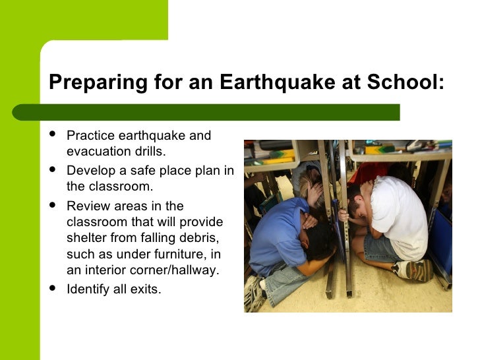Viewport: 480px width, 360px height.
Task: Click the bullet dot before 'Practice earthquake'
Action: pos(53,135)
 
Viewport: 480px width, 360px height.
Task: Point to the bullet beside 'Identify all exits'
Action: pos(53,287)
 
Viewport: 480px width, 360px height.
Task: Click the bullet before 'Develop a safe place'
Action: pos(53,170)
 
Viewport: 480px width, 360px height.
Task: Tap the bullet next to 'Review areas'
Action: pos(53,205)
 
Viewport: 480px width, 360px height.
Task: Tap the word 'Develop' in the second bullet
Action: pos(90,170)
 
